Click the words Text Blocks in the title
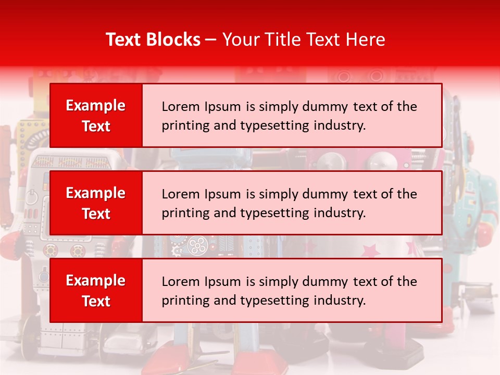(x=153, y=40)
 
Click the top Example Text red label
(x=96, y=116)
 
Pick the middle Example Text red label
(x=96, y=203)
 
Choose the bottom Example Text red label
(x=96, y=291)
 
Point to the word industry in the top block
(x=341, y=126)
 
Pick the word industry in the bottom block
(x=341, y=301)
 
